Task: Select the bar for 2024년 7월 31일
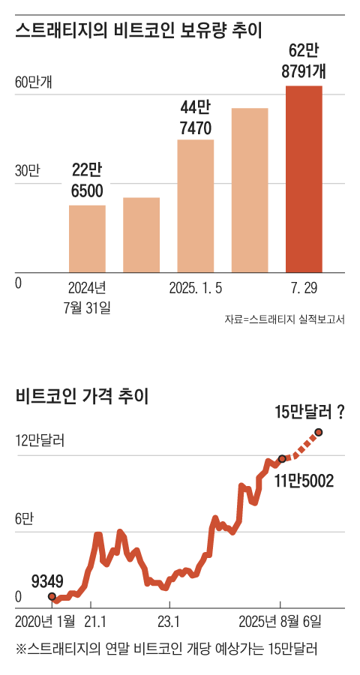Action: (x=87, y=238)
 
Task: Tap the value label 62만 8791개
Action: (x=304, y=61)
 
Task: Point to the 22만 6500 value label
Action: (x=87, y=181)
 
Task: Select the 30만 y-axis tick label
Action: (x=27, y=171)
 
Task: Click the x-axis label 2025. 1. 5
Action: (x=196, y=287)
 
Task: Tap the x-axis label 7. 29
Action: (x=304, y=287)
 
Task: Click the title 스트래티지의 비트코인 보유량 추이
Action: (x=142, y=30)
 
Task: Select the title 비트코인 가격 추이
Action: (x=82, y=397)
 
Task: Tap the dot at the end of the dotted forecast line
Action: (x=319, y=432)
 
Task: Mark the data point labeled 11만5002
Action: (x=281, y=458)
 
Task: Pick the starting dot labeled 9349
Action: (x=52, y=596)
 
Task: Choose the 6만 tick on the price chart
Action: (x=25, y=518)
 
